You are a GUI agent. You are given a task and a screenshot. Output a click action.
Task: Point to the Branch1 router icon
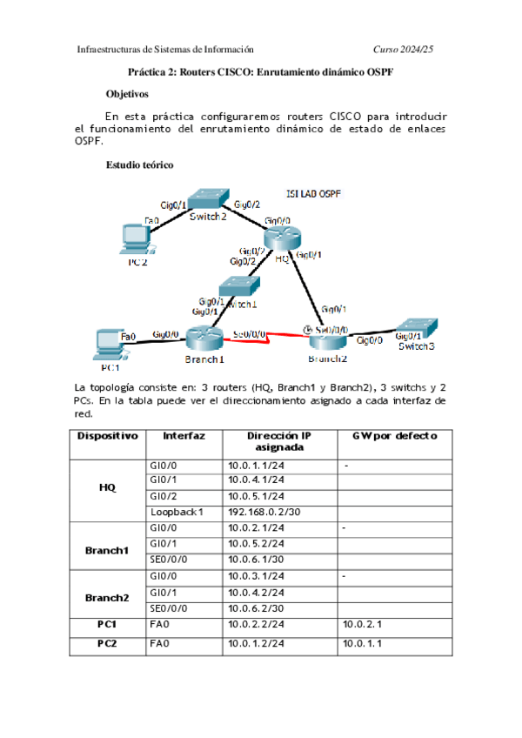click(204, 339)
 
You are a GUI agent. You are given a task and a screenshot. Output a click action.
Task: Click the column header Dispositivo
click(107, 435)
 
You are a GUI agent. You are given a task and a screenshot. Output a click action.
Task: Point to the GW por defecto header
click(394, 435)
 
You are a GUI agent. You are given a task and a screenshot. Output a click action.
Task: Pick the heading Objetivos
click(127, 92)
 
